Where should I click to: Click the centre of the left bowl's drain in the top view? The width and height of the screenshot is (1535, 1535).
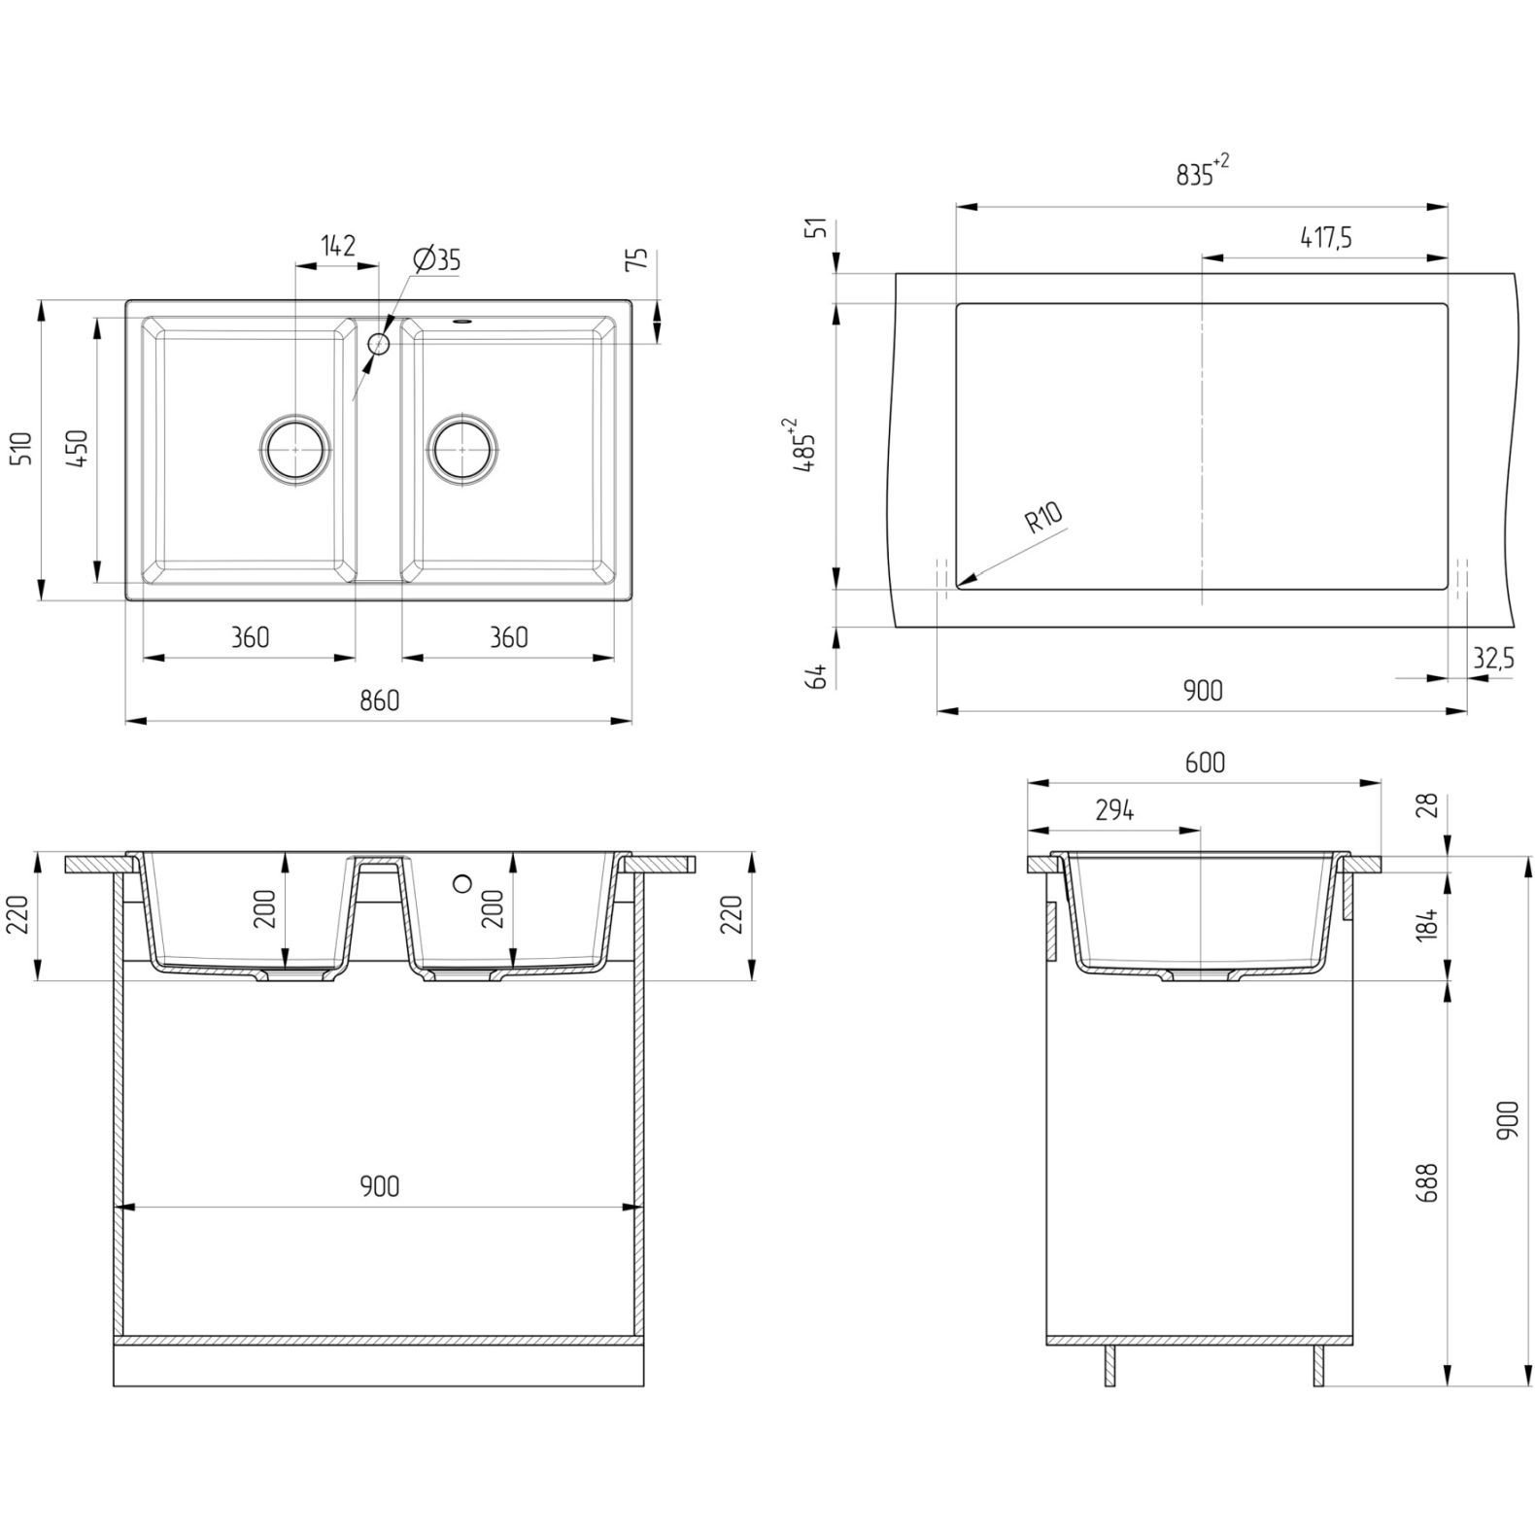[296, 449]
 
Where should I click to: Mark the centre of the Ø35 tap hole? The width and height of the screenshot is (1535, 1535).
[379, 344]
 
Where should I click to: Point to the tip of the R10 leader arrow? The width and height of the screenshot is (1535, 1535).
[958, 586]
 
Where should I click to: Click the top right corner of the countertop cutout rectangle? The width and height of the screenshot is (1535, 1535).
[1448, 304]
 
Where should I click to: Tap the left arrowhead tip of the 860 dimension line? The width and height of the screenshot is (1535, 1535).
[126, 721]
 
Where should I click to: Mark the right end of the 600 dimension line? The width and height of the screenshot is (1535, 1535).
[1381, 783]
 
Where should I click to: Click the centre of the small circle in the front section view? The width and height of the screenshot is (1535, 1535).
[463, 882]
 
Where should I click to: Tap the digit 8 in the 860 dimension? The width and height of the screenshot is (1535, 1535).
[367, 699]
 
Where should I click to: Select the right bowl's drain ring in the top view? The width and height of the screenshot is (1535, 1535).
[464, 449]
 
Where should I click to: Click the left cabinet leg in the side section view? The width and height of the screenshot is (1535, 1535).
[1110, 1366]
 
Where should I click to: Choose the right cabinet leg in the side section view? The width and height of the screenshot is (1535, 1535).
[1318, 1366]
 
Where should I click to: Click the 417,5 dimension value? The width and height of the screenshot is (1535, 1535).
[1325, 237]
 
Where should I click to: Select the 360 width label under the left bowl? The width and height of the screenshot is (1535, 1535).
[250, 637]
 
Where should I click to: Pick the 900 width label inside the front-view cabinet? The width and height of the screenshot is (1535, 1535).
[379, 1186]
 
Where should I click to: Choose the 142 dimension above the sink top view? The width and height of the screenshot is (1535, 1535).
[337, 245]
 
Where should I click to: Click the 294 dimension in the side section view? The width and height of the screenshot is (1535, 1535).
[1114, 809]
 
